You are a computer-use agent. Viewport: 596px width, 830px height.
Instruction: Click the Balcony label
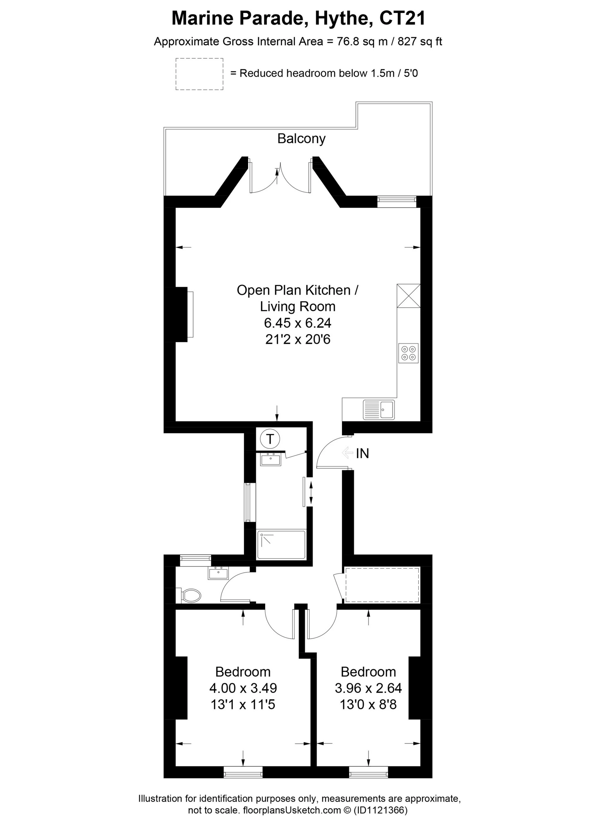[301, 139]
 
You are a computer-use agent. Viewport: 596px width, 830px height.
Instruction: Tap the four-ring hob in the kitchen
[408, 353]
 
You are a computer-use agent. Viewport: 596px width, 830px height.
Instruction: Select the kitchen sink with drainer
[379, 409]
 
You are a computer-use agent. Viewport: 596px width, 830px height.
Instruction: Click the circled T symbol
[270, 438]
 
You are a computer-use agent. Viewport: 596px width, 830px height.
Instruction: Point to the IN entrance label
[362, 454]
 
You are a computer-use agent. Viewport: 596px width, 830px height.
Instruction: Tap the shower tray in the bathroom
[281, 545]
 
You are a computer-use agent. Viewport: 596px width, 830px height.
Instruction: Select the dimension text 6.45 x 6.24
[298, 323]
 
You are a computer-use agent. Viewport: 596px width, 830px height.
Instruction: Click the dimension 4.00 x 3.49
[243, 688]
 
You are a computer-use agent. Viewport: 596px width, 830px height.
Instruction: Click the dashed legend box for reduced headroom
[199, 74]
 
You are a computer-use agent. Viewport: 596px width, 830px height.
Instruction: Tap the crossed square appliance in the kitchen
[408, 296]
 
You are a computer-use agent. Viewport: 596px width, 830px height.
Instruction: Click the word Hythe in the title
[339, 18]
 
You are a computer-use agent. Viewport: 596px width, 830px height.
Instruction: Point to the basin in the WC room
[218, 573]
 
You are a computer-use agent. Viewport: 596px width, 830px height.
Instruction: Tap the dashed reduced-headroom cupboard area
[382, 585]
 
